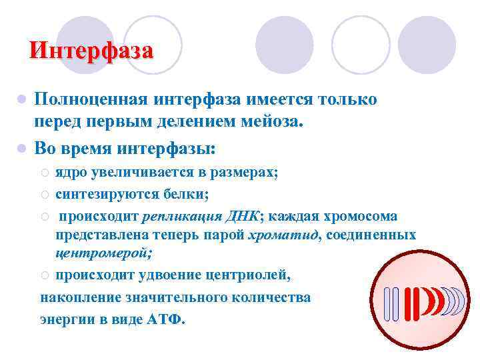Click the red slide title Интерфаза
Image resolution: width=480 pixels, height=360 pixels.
[x=91, y=50]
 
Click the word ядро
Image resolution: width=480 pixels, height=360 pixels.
[x=71, y=173]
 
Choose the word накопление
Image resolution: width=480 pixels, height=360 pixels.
[x=79, y=297]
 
